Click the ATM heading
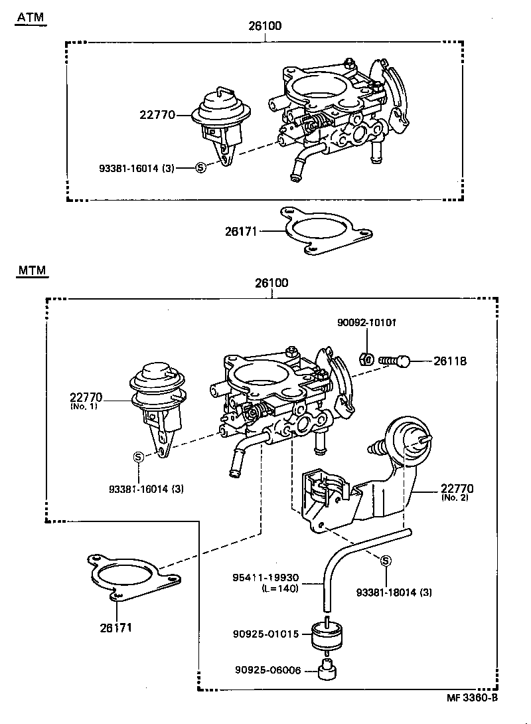31,17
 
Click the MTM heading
32,271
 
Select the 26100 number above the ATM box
265,27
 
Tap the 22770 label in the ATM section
157,115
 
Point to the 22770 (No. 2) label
457,493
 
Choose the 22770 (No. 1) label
84,401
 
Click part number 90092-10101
367,323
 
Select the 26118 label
450,361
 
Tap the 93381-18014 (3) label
394,592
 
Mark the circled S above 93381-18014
385,562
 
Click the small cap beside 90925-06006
326,671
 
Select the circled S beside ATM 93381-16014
201,168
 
